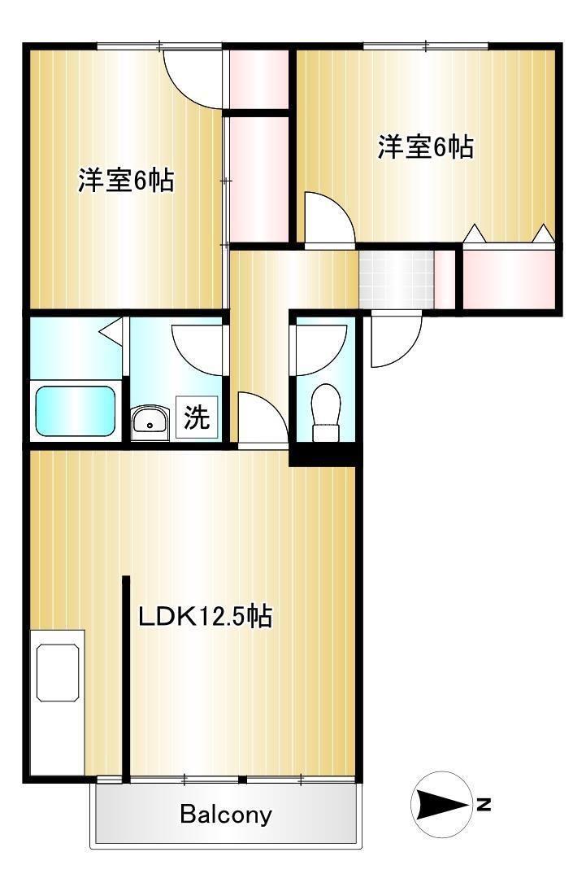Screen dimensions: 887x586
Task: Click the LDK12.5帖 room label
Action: pos(204,616)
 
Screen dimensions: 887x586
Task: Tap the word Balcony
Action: pos(226,814)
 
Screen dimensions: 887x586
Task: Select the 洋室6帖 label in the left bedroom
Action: pos(126,180)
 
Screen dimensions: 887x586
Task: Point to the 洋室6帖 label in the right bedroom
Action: pos(425,147)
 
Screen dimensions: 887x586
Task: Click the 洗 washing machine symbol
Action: pos(197,418)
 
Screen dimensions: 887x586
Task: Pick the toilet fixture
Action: pos(326,411)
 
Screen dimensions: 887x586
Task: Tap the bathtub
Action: pos(75,412)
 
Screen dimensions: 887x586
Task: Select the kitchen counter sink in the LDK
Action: pos(58,671)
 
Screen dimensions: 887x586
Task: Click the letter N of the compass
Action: pos(484,805)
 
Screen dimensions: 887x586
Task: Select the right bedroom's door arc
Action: pos(329,217)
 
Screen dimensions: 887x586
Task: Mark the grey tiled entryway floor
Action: pos(397,277)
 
